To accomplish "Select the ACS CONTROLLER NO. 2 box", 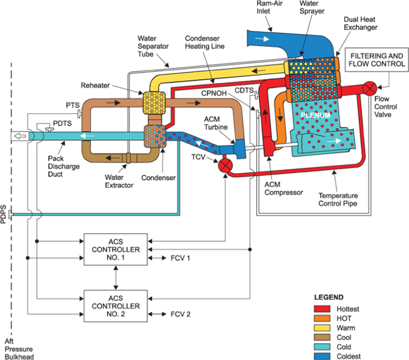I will (116, 306).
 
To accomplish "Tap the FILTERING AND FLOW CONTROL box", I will (375, 60).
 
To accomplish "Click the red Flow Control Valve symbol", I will (369, 89).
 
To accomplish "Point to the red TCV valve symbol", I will (224, 166).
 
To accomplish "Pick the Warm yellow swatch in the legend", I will (320, 328).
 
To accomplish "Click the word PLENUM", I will (316, 116).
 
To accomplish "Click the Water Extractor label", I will (119, 181).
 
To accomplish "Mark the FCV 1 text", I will (180, 257).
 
